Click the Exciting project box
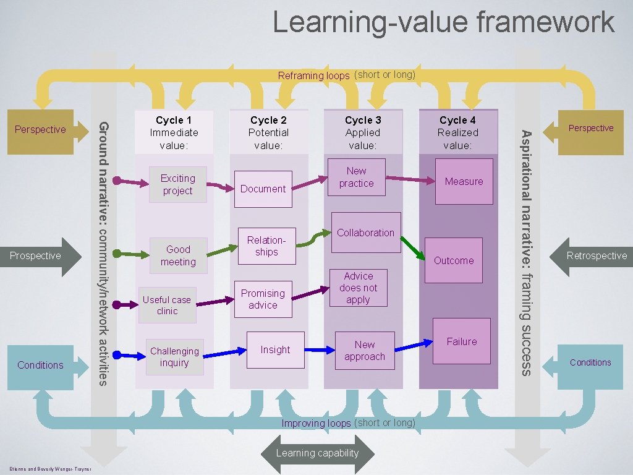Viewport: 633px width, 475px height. (177, 185)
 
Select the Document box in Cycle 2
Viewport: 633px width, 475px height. (263, 189)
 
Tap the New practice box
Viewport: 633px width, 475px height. (356, 178)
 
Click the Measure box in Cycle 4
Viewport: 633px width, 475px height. (464, 181)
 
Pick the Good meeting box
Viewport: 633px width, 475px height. (178, 255)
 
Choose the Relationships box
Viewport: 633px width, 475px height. (266, 246)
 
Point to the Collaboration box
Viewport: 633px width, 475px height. (365, 233)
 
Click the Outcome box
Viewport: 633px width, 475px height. (454, 260)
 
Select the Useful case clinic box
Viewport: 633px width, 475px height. (167, 305)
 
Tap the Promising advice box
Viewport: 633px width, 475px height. (263, 299)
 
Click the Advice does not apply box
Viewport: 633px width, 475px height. (358, 288)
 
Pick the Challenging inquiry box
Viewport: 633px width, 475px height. (174, 357)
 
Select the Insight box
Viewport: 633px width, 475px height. (275, 350)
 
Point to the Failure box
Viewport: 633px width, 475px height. (462, 341)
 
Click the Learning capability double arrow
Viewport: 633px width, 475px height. (317, 453)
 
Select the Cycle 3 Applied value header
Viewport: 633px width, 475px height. (363, 132)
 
